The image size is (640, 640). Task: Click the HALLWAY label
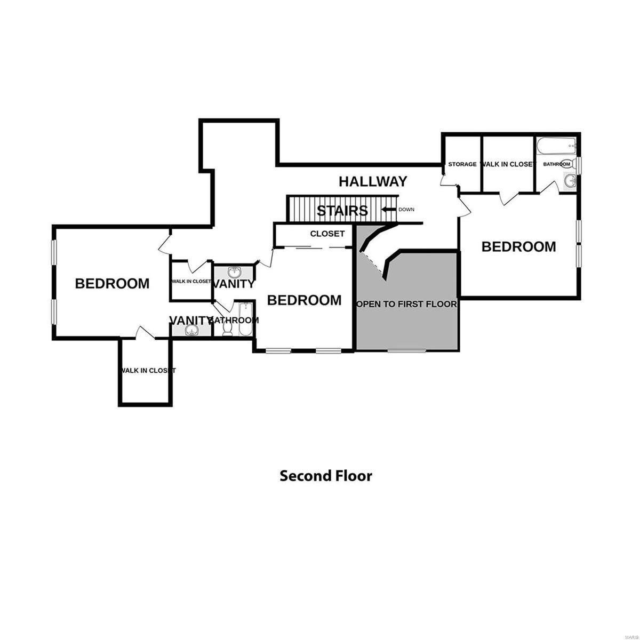click(x=373, y=181)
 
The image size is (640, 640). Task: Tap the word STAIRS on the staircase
click(x=342, y=211)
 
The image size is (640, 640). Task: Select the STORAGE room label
click(x=462, y=164)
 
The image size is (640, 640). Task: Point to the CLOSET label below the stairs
click(x=327, y=234)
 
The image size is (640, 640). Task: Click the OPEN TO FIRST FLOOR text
click(x=406, y=304)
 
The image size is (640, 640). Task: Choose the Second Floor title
click(x=326, y=476)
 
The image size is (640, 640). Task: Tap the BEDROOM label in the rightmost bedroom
click(x=518, y=246)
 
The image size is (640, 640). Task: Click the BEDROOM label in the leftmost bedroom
click(x=112, y=283)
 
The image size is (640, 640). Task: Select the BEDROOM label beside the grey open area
click(x=304, y=300)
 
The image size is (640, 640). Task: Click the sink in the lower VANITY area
click(x=190, y=331)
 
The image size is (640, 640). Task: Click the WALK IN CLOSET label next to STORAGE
click(x=507, y=164)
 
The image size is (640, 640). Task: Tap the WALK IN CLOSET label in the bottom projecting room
click(x=147, y=370)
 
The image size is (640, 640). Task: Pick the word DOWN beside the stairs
click(x=406, y=210)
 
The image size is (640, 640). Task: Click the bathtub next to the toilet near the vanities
click(x=245, y=319)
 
